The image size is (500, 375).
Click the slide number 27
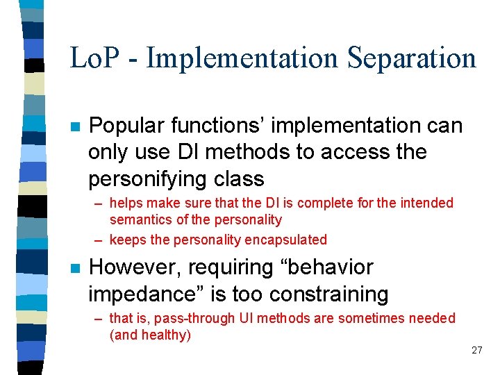pos(476,350)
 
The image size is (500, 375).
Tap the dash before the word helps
pos(99,203)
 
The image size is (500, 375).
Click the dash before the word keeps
pos(99,240)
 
